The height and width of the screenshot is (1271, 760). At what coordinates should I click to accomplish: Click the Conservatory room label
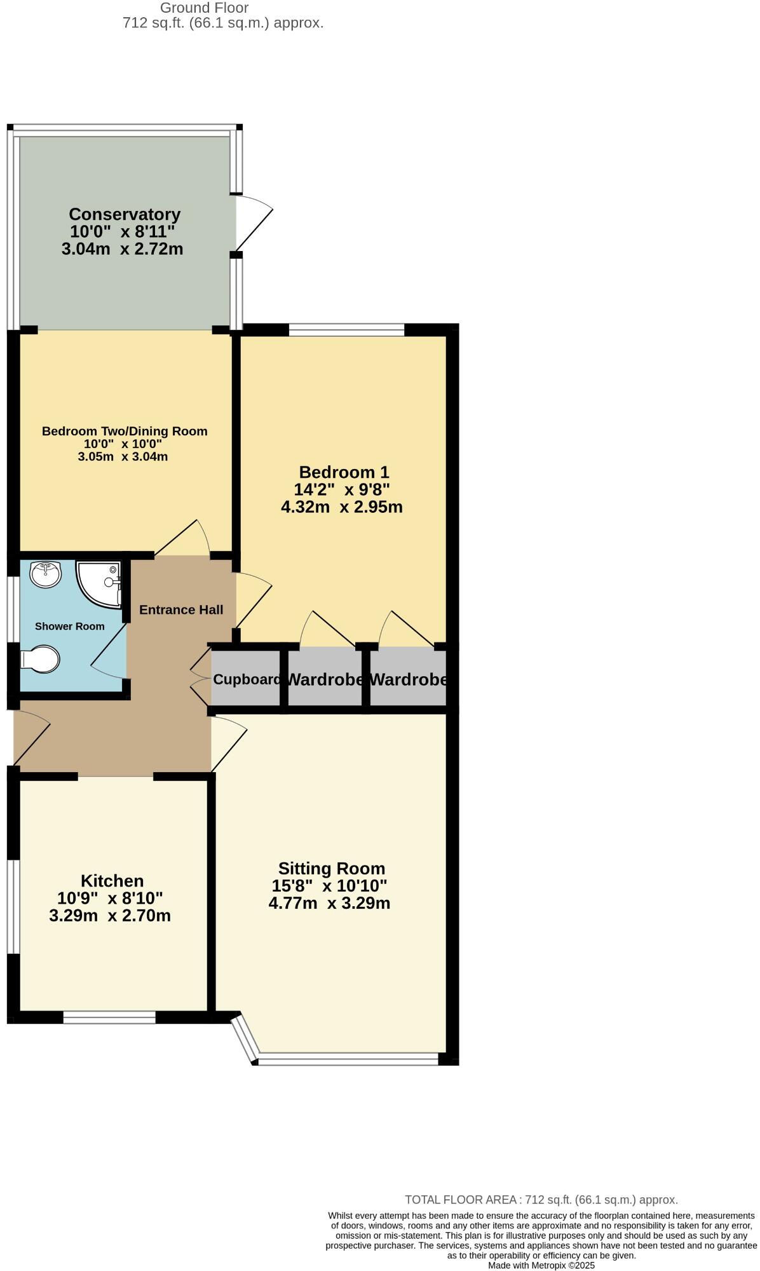(125, 214)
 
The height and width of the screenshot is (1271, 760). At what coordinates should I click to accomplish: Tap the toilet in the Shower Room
(40, 659)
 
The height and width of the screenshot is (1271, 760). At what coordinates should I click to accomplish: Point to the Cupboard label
(247, 679)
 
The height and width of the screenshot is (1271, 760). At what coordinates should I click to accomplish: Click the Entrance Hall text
(181, 610)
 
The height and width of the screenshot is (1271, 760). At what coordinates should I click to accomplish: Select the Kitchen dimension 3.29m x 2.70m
(110, 916)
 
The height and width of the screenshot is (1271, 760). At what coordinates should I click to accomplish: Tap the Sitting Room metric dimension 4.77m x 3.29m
(329, 903)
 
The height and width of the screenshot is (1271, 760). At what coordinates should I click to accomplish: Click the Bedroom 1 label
(344, 472)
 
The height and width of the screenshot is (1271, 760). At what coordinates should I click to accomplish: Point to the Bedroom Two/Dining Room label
(125, 432)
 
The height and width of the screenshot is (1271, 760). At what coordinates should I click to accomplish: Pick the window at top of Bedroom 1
(346, 330)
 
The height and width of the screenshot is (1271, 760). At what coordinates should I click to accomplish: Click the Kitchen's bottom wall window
(109, 1017)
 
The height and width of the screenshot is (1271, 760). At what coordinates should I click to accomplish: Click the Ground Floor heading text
(204, 8)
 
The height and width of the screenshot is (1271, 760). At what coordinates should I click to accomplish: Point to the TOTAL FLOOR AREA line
(541, 1200)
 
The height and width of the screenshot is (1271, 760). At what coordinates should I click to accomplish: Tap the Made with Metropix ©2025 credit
(541, 1265)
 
